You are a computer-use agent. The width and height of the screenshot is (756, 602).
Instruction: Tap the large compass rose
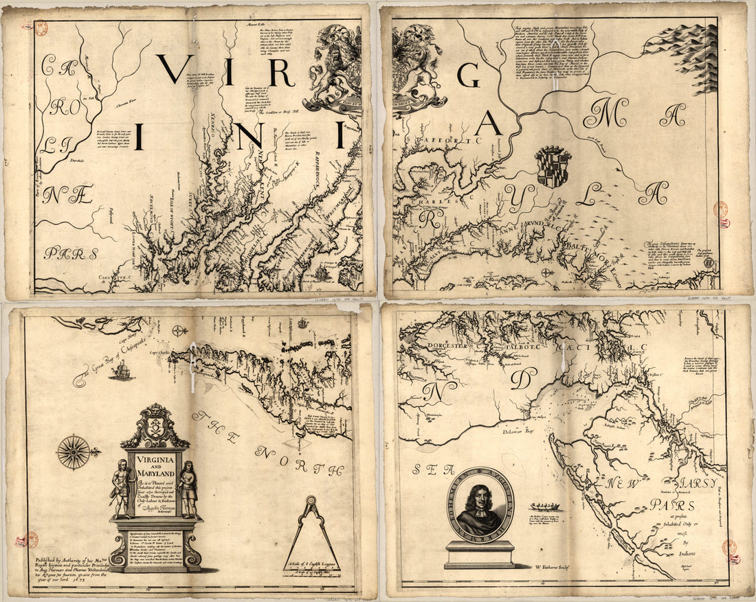point(74,452)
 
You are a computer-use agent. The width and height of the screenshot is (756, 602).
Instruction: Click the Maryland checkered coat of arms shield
point(553,166)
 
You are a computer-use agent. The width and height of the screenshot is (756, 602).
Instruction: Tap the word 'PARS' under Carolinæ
point(71,253)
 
